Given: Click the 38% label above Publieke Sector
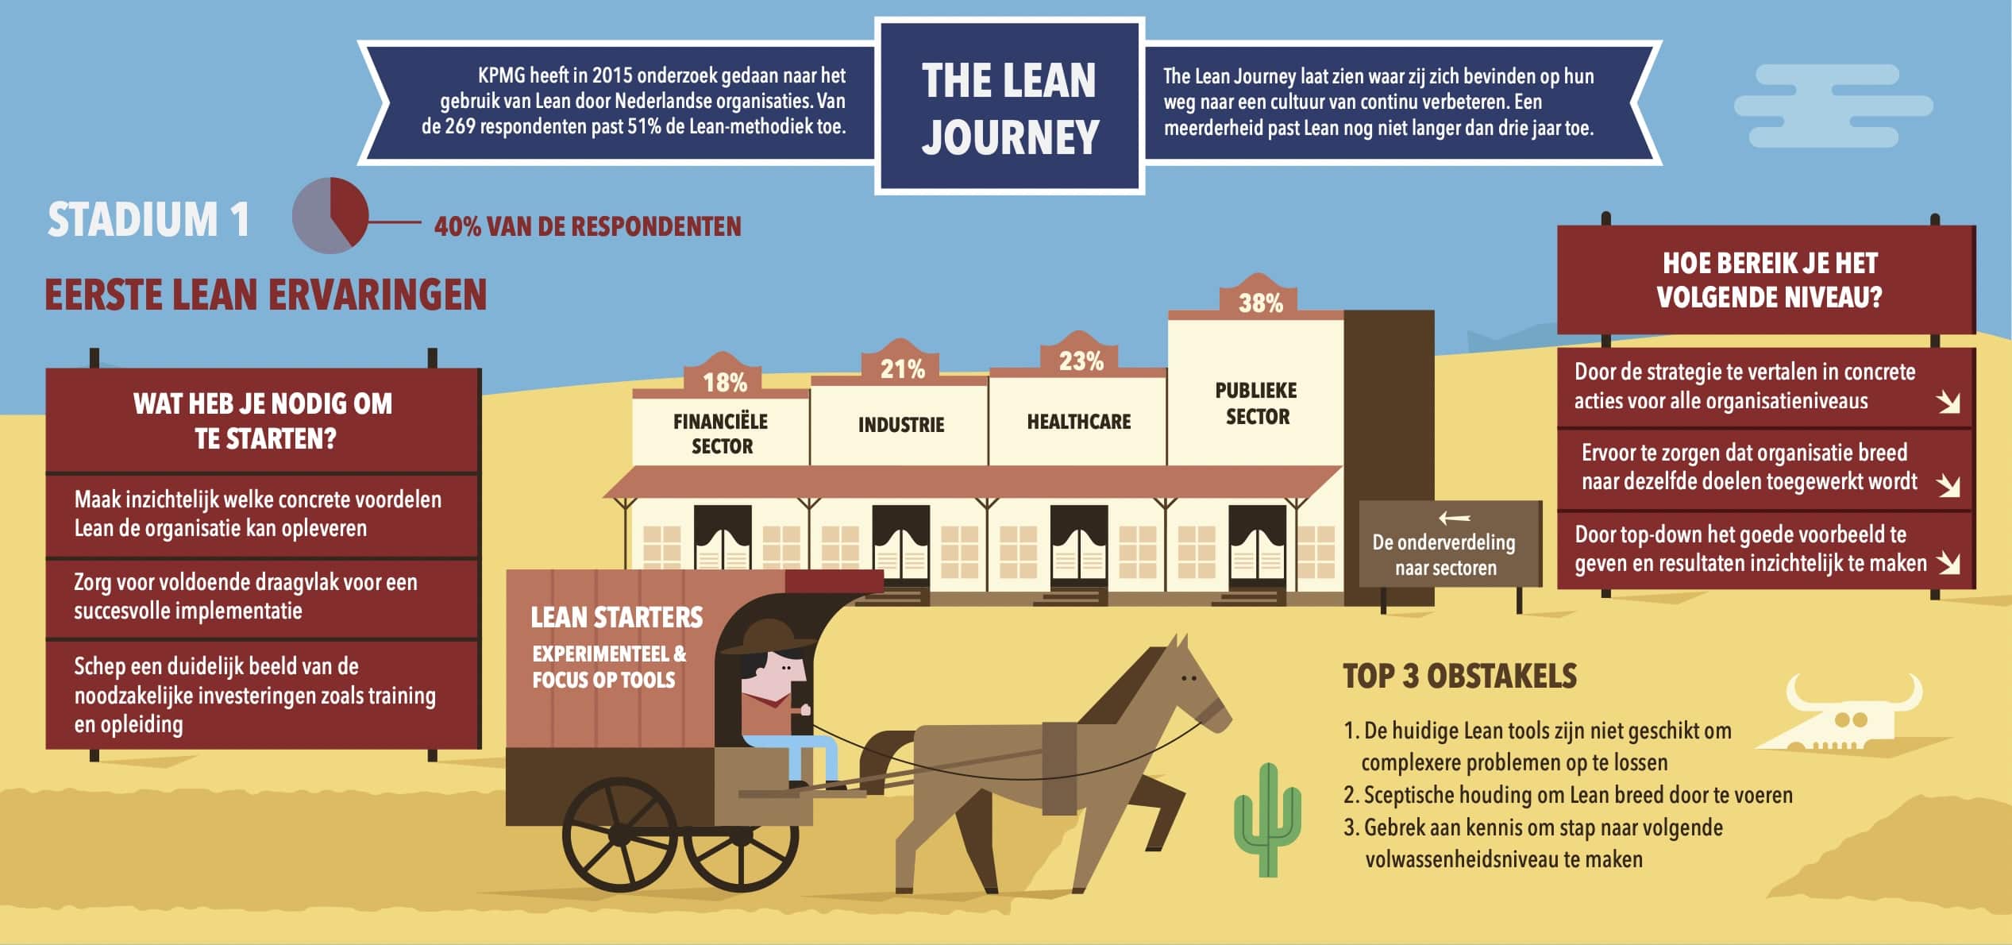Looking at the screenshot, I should pyautogui.click(x=1260, y=303).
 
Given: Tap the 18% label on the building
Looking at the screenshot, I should pyautogui.click(x=724, y=383).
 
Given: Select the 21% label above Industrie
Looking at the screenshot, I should pyautogui.click(x=902, y=368).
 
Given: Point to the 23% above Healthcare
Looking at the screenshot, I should pyautogui.click(x=1081, y=361).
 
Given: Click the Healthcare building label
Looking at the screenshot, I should pyautogui.click(x=1078, y=422).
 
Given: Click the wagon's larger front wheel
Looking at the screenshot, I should pyautogui.click(x=619, y=834).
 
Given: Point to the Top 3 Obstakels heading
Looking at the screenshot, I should pyautogui.click(x=1459, y=676).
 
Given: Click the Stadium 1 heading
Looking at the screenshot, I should pyautogui.click(x=148, y=219).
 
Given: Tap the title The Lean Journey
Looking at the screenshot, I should pyautogui.click(x=1009, y=108).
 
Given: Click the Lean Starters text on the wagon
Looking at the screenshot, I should pyautogui.click(x=616, y=617).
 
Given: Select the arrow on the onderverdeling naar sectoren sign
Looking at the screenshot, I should pyautogui.click(x=1454, y=519).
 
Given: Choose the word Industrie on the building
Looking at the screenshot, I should pyautogui.click(x=901, y=425).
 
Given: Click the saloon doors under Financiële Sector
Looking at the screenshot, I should pyautogui.click(x=723, y=548).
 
